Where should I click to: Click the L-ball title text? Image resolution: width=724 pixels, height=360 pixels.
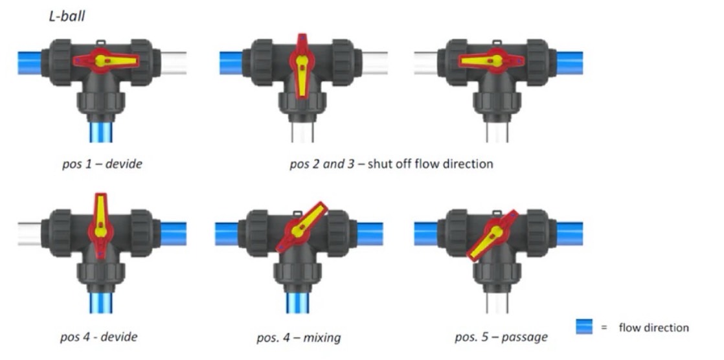coord(68,17)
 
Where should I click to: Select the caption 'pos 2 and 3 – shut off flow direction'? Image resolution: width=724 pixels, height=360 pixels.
coord(391,164)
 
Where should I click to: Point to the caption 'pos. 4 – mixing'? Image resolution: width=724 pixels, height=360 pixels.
coord(299,337)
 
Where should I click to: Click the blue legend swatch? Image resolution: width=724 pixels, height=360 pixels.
coord(585,328)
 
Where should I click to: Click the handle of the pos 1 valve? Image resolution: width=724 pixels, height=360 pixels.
coord(106,61)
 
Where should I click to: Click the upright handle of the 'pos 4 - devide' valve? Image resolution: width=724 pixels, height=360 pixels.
coord(101,223)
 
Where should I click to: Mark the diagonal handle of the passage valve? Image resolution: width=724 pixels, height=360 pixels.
coord(494,234)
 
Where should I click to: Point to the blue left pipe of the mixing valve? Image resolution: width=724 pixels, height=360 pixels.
coord(228,234)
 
